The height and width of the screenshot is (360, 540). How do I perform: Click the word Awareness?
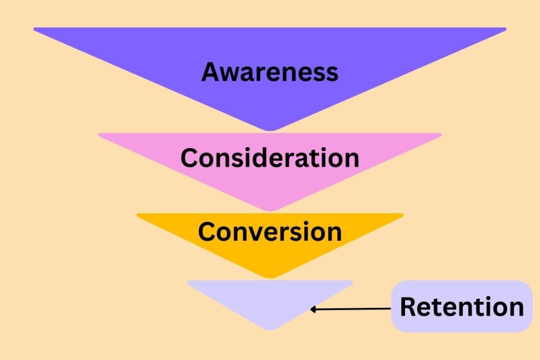269,72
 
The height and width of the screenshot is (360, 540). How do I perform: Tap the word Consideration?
269,158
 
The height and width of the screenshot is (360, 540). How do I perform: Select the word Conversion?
269,232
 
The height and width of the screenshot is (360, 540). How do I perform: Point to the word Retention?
461,307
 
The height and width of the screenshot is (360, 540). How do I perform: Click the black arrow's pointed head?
313,309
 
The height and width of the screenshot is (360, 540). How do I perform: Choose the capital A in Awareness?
211,72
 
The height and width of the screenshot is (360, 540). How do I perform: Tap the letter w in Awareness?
229,74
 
